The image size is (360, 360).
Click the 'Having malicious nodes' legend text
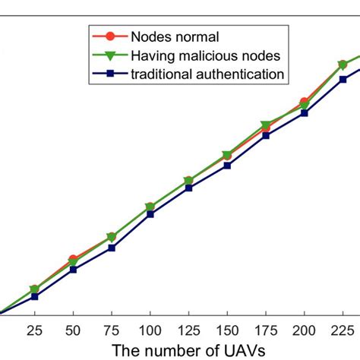coord(206,55)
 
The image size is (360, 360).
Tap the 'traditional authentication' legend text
coord(208,74)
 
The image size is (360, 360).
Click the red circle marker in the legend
coord(110,36)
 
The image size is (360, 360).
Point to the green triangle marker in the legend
coord(110,55)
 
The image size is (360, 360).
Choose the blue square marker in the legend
coord(110,74)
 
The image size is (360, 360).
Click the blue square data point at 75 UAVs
coord(112,248)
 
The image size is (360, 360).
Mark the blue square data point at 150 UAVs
coord(227,165)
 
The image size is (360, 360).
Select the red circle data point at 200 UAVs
coord(304,102)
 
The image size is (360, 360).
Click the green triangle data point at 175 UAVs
coord(265,125)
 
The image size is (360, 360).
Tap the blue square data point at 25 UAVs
coord(34,296)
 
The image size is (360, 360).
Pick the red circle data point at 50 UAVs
coord(73,260)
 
